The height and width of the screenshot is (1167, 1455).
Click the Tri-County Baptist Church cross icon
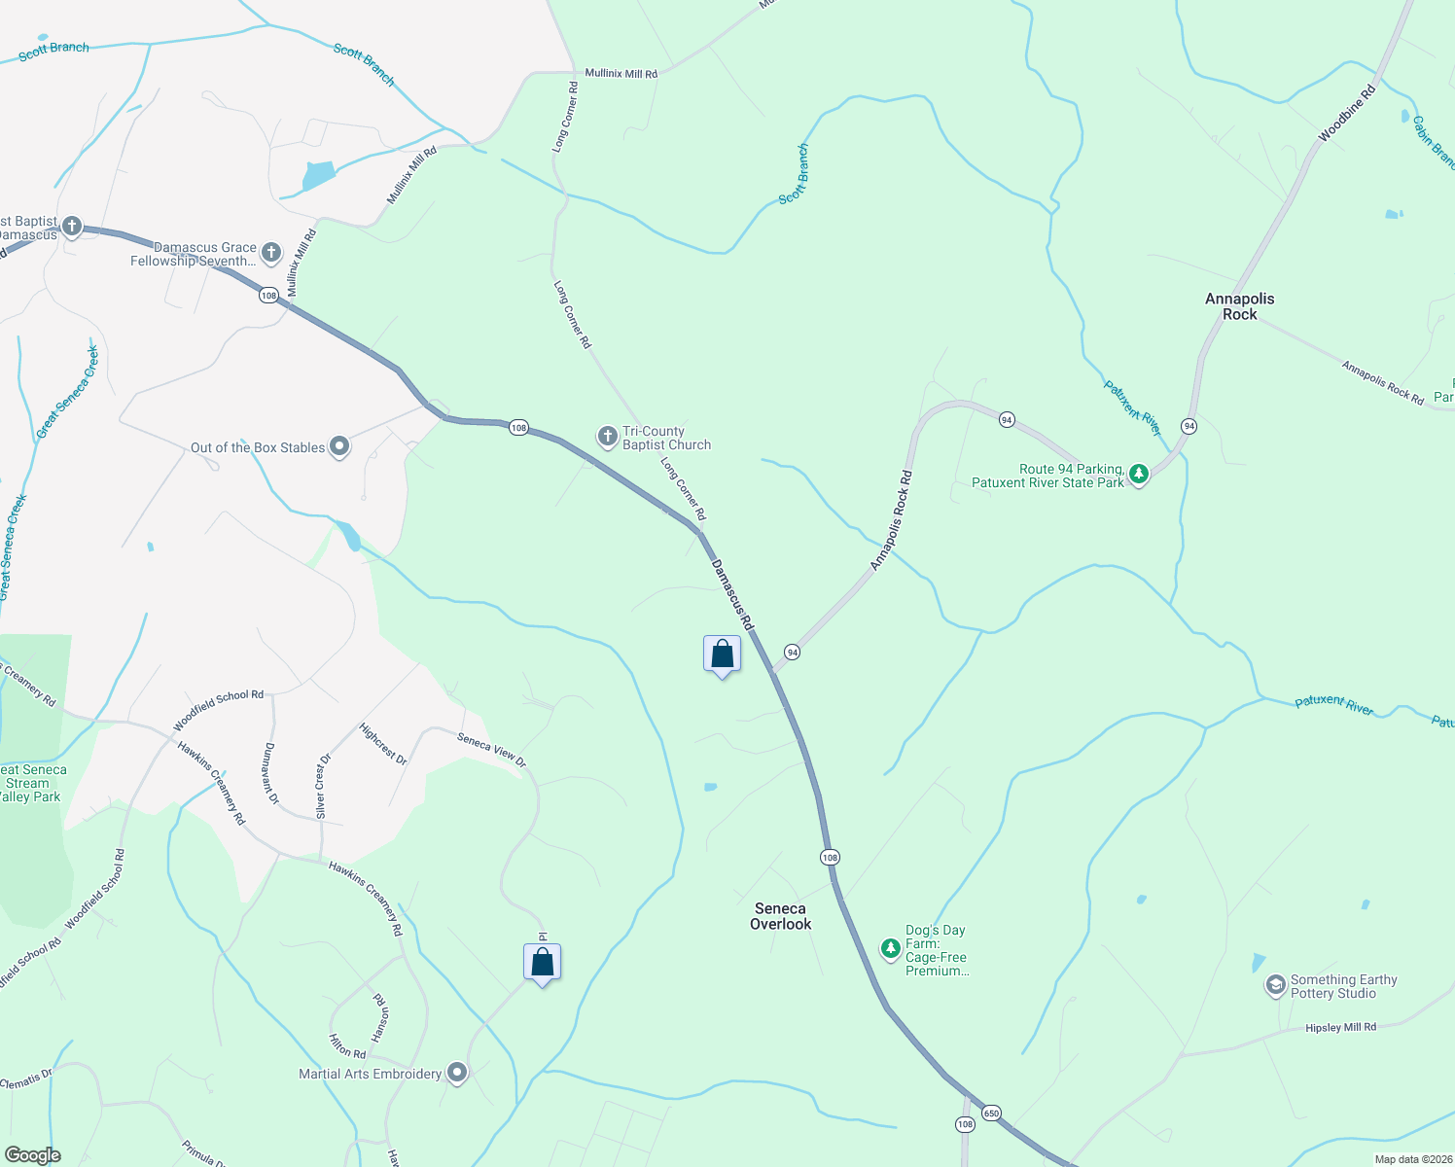click(x=608, y=437)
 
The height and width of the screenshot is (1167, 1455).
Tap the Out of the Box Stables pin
click(x=339, y=446)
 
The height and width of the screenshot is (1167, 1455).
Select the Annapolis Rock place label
click(x=1239, y=306)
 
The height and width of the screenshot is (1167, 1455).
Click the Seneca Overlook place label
click(x=780, y=916)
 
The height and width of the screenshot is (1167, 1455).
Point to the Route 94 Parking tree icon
click(x=1138, y=475)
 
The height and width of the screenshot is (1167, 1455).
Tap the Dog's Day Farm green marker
click(x=890, y=948)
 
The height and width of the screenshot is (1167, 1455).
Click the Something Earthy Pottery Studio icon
click(x=1274, y=986)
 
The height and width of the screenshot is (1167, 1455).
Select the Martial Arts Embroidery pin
click(x=456, y=1073)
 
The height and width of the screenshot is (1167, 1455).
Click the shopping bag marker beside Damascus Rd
click(x=722, y=654)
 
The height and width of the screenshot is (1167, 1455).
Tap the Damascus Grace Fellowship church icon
click(x=271, y=253)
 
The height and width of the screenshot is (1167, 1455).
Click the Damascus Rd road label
click(x=732, y=594)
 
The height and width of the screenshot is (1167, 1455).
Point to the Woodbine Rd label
click(x=1347, y=114)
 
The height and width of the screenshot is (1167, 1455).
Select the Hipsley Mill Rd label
click(x=1340, y=1027)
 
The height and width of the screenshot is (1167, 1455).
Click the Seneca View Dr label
click(x=491, y=750)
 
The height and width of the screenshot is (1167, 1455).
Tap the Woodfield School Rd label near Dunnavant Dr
click(x=218, y=711)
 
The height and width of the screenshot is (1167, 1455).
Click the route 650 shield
click(x=991, y=1113)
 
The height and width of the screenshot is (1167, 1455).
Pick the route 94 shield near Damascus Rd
click(x=793, y=652)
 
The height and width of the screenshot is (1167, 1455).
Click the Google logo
click(x=32, y=1155)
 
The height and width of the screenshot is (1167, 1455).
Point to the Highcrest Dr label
click(x=382, y=743)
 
